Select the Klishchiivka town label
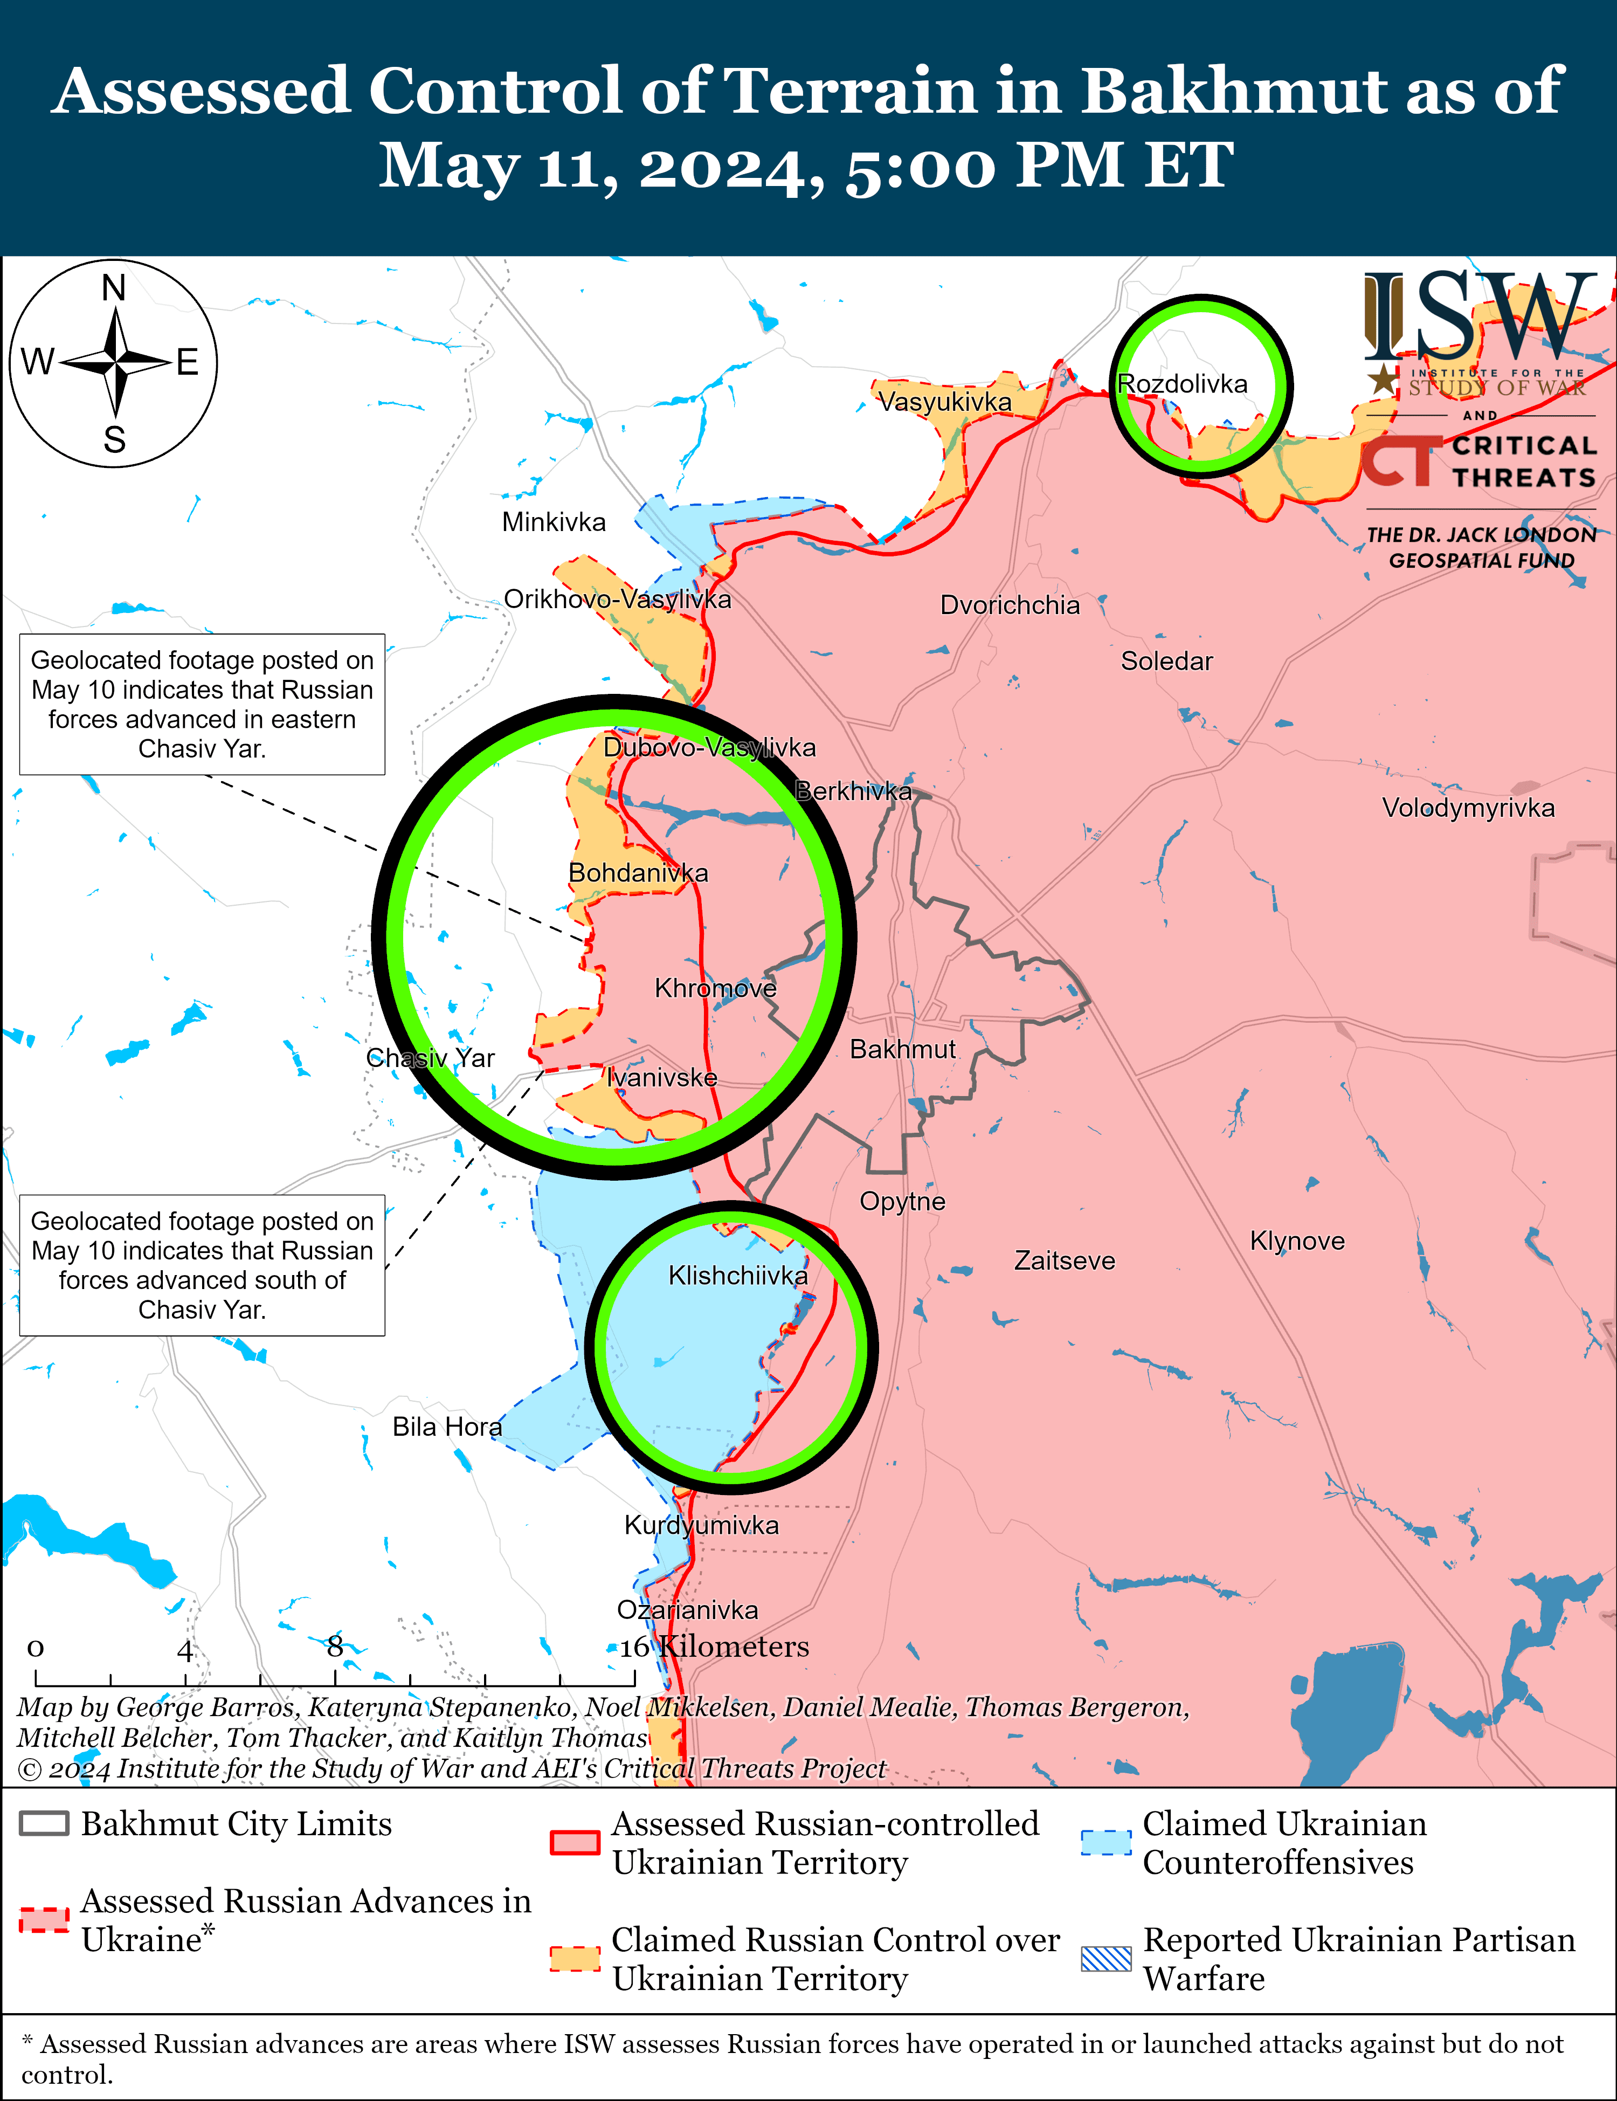738,1276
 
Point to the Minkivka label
554,522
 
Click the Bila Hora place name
447,1427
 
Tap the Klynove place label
1297,1241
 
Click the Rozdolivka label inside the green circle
1182,384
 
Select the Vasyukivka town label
945,402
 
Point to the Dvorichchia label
1010,605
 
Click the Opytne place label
902,1202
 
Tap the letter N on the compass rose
114,288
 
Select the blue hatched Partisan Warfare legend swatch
1106,1960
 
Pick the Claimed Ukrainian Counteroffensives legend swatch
1106,1842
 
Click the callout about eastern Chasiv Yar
202,704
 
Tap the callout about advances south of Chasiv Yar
202,1265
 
